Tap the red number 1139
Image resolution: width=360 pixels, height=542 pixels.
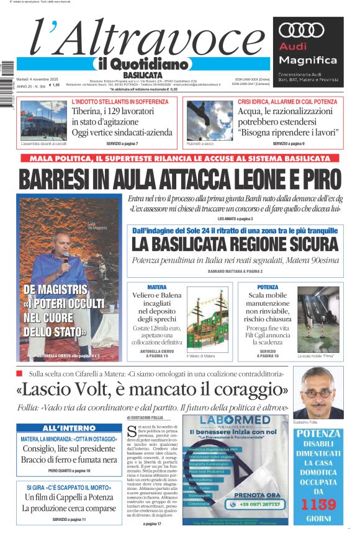tap(319, 504)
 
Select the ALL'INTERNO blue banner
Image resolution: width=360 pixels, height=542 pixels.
tap(68, 428)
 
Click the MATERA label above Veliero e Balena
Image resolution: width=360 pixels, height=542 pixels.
tap(156, 288)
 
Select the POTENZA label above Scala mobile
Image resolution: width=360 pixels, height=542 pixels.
tap(268, 288)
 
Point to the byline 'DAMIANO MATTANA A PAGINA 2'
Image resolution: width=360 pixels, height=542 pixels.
tap(235, 272)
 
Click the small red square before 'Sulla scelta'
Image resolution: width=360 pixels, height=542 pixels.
tap(19, 373)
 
